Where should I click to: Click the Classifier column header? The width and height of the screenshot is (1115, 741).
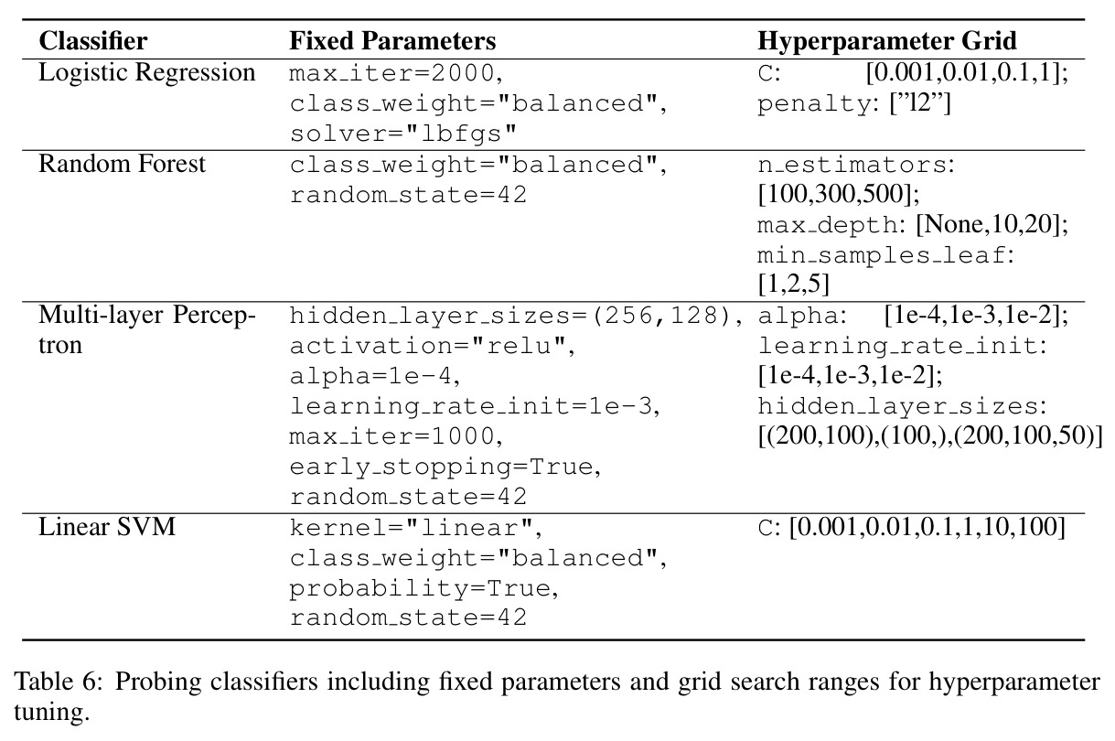click(x=93, y=41)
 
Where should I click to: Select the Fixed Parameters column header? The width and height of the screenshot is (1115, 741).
click(x=392, y=41)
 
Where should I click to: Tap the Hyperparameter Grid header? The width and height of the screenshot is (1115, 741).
click(x=887, y=42)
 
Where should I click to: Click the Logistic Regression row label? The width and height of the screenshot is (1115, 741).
click(x=147, y=72)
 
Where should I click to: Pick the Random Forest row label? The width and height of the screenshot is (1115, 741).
click(x=122, y=164)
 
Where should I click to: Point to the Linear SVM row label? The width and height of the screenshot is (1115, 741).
click(x=107, y=527)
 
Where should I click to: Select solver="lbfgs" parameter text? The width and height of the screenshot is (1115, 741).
click(x=403, y=134)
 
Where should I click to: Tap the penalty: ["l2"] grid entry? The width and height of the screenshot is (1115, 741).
click(x=854, y=104)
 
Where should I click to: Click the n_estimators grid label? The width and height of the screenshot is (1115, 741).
click(x=856, y=165)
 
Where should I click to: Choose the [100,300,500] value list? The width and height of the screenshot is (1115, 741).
click(x=838, y=194)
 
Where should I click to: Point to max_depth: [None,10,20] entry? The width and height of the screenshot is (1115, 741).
click(x=913, y=225)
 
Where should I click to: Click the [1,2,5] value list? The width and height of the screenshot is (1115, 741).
click(x=793, y=285)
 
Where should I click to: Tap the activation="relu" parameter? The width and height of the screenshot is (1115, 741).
click(x=432, y=346)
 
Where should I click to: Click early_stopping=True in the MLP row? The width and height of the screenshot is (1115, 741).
click(x=445, y=467)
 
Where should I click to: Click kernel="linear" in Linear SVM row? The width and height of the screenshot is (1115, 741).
click(x=415, y=528)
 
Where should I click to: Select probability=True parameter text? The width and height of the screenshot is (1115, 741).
click(x=424, y=588)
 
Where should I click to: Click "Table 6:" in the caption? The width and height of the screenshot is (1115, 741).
click(x=59, y=682)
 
